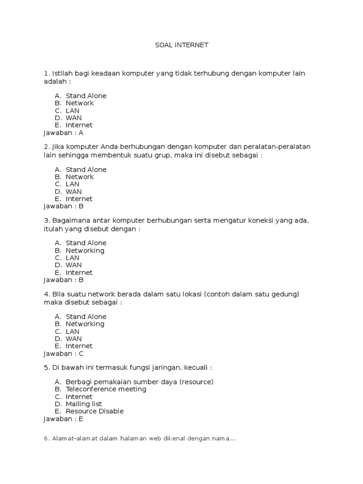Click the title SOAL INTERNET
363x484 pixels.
point(181,45)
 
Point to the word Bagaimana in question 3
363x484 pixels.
point(69,220)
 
